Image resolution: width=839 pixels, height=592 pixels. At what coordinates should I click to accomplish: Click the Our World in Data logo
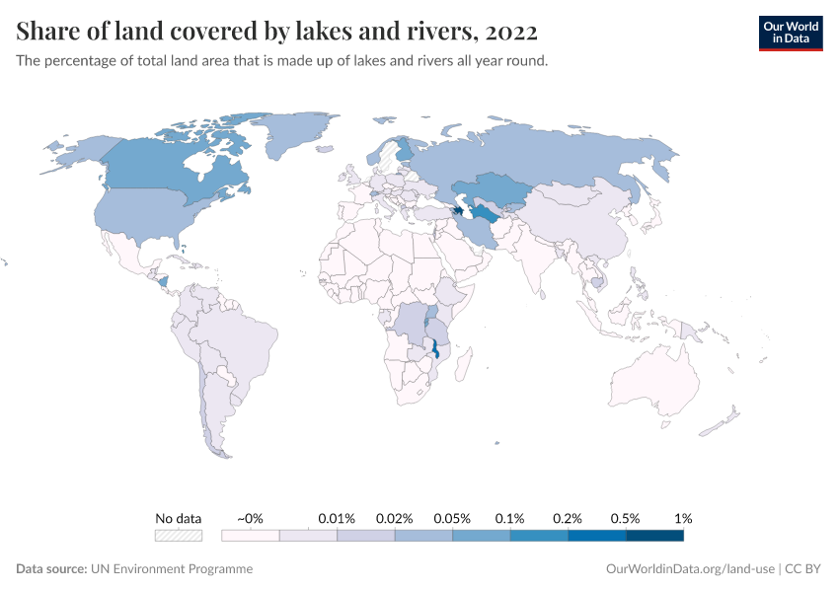click(x=790, y=33)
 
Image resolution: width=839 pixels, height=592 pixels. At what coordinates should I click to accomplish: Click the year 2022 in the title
click(x=510, y=32)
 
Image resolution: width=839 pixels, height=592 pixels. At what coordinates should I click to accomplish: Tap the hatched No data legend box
click(x=179, y=536)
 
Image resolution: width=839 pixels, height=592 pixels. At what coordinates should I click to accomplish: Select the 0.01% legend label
click(x=337, y=518)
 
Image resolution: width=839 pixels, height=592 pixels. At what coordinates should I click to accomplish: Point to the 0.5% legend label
click(x=625, y=518)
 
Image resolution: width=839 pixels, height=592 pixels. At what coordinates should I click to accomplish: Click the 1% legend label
click(x=683, y=518)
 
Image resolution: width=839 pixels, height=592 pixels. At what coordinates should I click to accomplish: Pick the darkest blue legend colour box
click(x=654, y=536)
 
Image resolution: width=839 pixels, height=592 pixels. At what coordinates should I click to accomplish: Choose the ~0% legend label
click(x=250, y=518)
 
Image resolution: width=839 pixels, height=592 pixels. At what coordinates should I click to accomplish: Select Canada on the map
click(x=168, y=168)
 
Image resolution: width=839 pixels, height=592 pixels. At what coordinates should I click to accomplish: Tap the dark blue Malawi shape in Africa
click(x=435, y=350)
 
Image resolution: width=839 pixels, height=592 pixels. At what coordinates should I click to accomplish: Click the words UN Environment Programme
click(x=172, y=569)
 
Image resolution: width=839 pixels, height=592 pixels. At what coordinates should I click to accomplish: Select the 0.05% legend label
click(x=452, y=518)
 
